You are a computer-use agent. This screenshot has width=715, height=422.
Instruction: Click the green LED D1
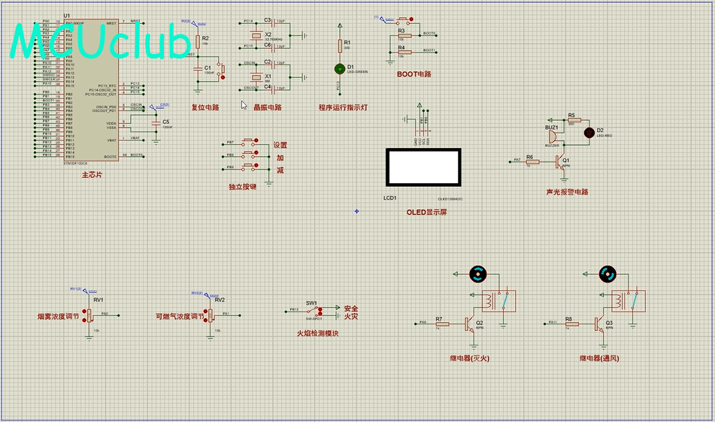click(x=340, y=68)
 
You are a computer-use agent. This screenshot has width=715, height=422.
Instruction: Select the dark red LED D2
click(x=589, y=131)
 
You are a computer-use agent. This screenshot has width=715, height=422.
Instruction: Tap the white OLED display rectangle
click(x=423, y=167)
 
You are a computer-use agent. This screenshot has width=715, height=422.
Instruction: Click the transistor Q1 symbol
click(x=559, y=160)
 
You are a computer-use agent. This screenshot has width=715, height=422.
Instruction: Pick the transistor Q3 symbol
click(x=599, y=324)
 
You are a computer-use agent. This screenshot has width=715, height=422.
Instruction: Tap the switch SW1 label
click(x=311, y=303)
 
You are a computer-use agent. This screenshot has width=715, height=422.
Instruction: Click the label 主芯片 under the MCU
click(x=92, y=174)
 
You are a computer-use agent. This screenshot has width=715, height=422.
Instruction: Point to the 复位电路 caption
click(x=205, y=107)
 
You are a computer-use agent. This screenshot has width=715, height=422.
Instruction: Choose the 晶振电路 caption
click(x=268, y=107)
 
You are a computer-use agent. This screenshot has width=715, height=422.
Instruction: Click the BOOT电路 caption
click(x=414, y=74)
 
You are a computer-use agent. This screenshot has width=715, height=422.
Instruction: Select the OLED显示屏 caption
click(x=427, y=212)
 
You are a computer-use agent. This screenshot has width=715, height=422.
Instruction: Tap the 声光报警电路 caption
click(x=568, y=192)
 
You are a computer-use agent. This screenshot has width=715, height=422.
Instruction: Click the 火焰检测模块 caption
click(x=317, y=333)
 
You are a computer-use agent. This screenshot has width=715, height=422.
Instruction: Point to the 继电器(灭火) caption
click(x=470, y=358)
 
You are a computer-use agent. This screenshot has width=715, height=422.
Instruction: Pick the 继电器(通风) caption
click(x=599, y=358)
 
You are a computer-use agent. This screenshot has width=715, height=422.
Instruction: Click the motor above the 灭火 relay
click(x=478, y=275)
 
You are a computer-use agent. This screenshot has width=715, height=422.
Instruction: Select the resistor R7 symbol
click(x=441, y=324)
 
